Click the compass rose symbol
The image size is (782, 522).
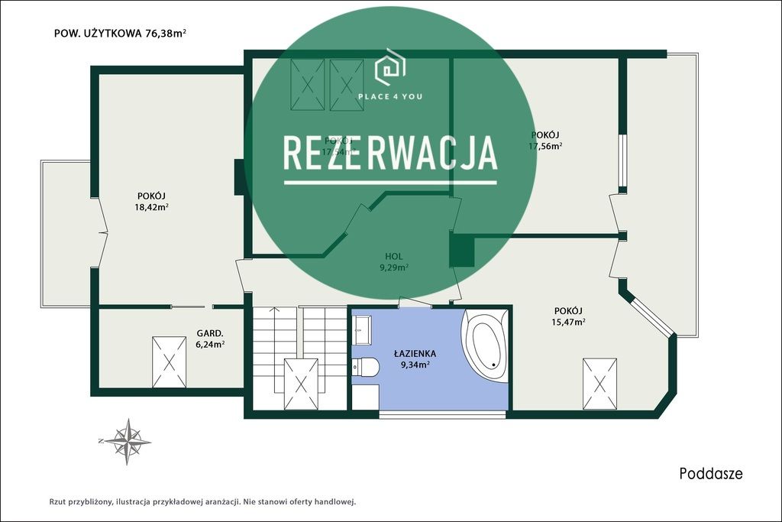(x=127, y=441)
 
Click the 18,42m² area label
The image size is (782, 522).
(x=153, y=206)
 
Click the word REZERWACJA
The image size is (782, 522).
(x=390, y=154)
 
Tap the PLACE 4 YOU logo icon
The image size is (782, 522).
(x=389, y=69)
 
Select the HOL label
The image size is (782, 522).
(x=395, y=256)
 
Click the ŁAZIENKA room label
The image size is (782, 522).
(x=415, y=353)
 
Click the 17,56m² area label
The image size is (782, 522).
(x=546, y=146)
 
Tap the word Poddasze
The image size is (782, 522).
(x=710, y=474)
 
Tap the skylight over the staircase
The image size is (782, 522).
(x=300, y=385)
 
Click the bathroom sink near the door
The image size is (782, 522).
(x=362, y=330)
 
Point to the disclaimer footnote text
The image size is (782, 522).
(x=203, y=502)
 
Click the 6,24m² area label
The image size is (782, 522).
(x=209, y=344)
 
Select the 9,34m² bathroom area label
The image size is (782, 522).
(x=415, y=365)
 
